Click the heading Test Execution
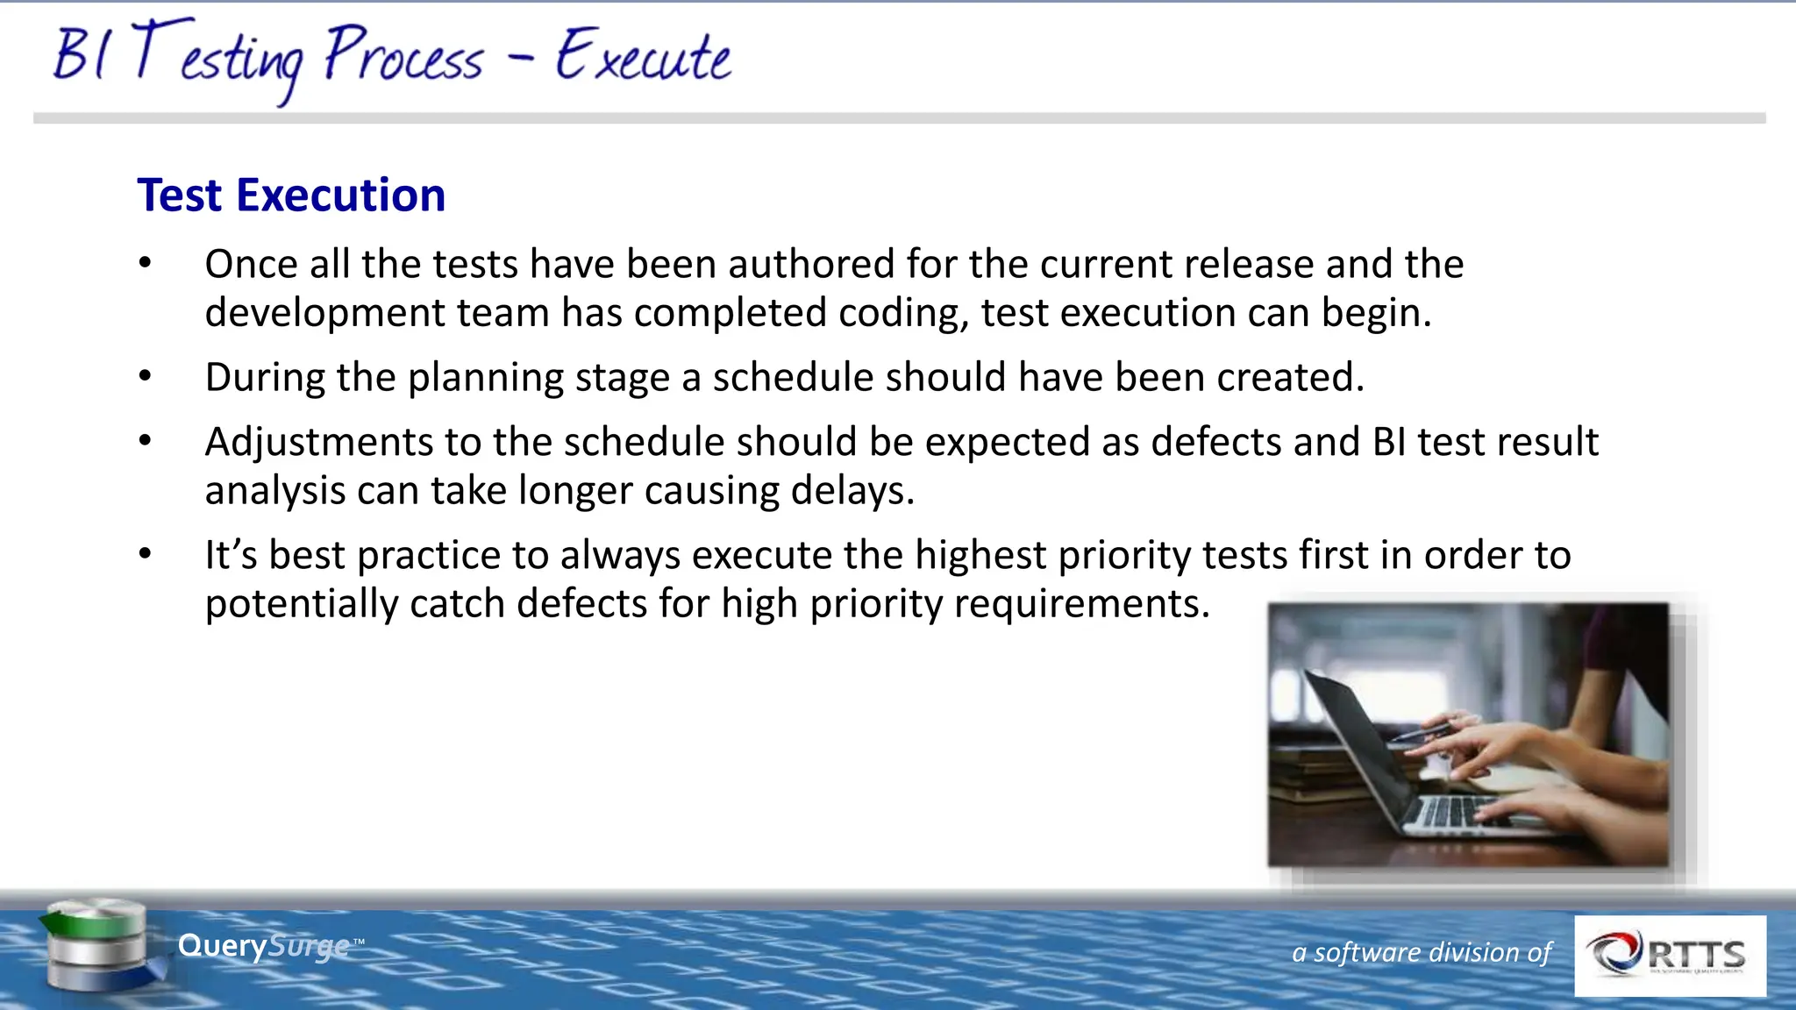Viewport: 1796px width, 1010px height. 291,195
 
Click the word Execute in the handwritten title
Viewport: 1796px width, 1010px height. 643,56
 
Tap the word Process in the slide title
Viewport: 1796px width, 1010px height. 403,56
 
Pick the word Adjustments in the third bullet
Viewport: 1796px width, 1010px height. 318,442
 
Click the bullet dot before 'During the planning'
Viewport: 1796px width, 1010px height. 146,376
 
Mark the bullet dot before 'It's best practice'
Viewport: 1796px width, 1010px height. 146,553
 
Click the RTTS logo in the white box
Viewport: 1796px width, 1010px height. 1670,956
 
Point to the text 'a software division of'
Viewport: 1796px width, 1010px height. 1422,952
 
